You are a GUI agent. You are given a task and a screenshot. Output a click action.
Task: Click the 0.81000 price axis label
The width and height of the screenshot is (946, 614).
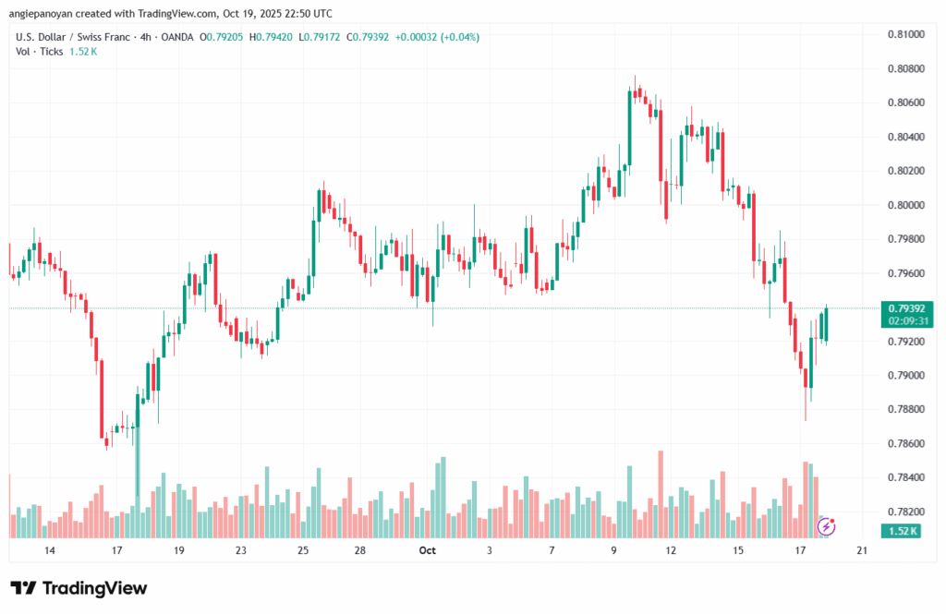905,34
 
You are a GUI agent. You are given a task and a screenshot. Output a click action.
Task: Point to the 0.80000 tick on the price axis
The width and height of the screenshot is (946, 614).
905,205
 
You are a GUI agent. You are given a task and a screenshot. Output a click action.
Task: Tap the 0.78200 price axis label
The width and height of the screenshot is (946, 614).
905,512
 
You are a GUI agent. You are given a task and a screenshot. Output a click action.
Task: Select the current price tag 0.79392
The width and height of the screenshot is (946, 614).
905,308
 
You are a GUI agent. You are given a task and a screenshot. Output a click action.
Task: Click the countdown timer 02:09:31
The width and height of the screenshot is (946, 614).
905,320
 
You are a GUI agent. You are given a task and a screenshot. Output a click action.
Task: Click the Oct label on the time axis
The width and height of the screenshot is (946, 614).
427,550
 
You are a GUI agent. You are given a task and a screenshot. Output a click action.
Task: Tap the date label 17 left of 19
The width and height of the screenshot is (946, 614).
117,550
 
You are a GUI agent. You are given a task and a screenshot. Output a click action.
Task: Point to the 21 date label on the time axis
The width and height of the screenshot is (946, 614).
861,550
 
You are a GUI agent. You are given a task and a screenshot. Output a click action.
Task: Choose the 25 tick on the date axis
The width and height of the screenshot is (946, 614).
303,550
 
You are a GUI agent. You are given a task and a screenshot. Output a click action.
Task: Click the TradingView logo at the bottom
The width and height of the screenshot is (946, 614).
79,588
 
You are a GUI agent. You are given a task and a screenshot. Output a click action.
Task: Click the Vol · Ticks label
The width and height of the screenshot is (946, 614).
41,51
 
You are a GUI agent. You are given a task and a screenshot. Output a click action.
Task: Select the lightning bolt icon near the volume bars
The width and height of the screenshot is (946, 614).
828,526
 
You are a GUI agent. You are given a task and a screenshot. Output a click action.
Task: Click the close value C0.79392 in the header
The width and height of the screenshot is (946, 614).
365,37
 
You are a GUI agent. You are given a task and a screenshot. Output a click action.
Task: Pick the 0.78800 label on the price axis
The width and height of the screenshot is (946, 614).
905,409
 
